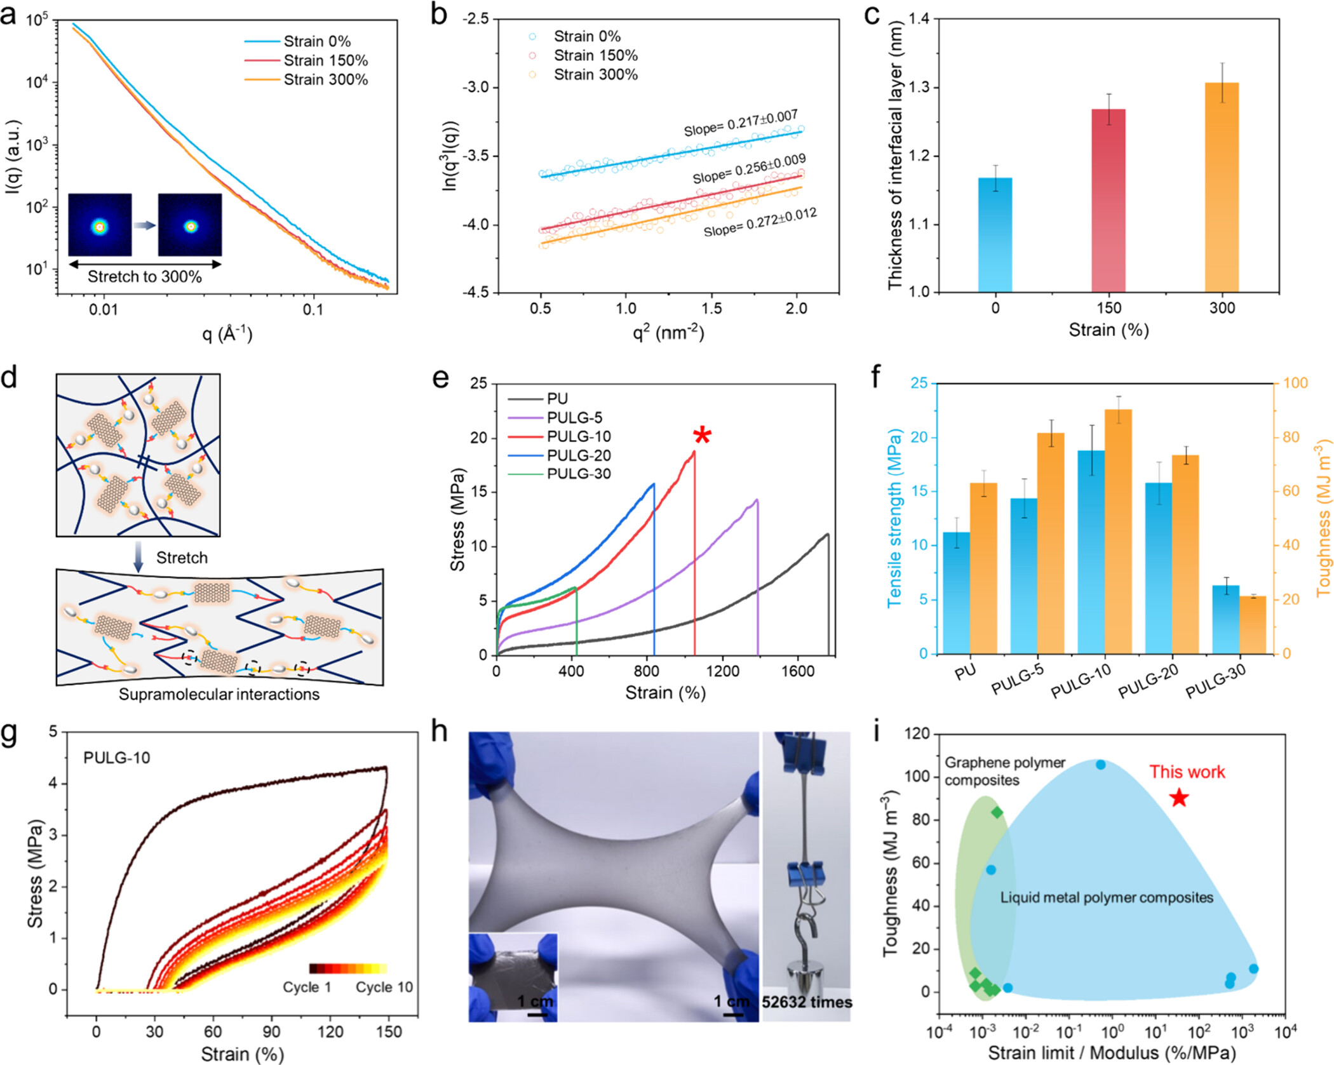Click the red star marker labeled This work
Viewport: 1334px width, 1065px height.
click(1179, 798)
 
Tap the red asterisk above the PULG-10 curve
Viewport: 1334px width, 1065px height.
click(702, 436)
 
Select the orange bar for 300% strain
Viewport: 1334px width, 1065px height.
click(1222, 187)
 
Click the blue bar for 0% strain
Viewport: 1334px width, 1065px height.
click(995, 235)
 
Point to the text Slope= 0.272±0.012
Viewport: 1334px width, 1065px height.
click(760, 222)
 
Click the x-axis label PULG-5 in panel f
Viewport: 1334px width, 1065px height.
click(1018, 679)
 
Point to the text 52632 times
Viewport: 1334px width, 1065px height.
click(807, 1002)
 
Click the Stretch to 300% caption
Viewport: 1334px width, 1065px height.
click(144, 277)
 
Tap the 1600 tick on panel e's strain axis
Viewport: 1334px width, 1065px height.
click(798, 671)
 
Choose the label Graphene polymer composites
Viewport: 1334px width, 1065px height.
click(1004, 771)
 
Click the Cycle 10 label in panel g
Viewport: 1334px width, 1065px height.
click(384, 987)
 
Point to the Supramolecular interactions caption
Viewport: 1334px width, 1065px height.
click(219, 694)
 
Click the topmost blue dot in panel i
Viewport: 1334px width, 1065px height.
click(1100, 765)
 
